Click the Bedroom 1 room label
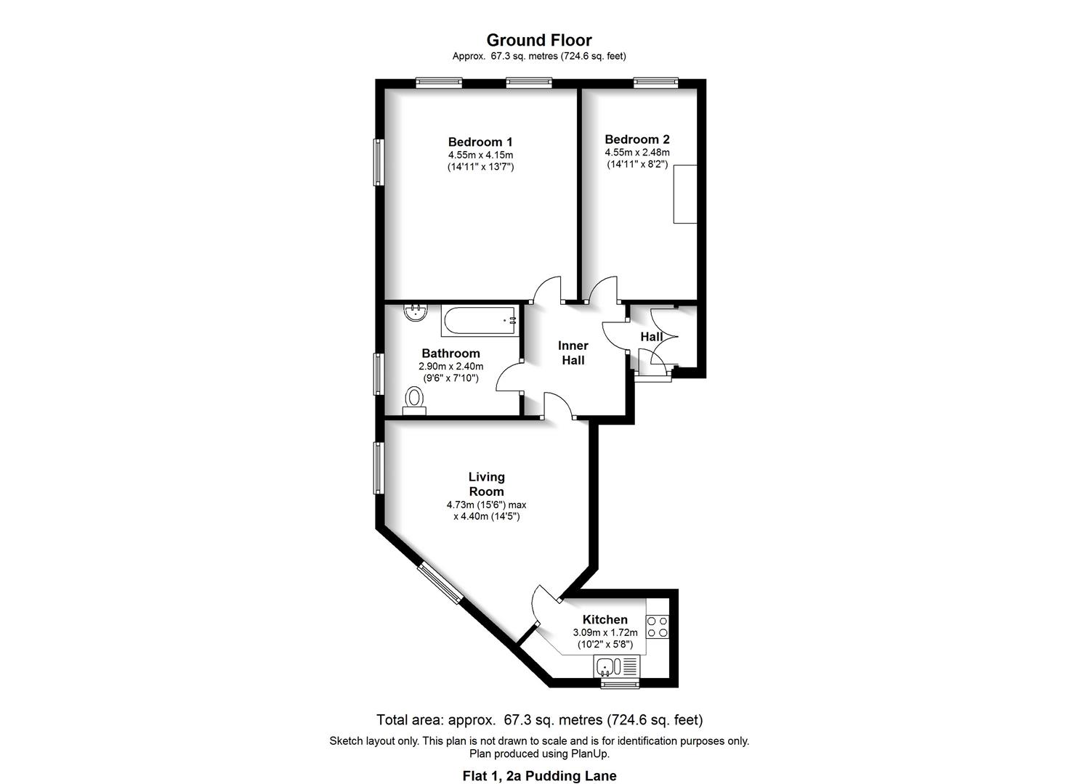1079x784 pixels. click(480, 142)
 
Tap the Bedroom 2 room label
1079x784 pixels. click(637, 139)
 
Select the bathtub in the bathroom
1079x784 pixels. click(480, 320)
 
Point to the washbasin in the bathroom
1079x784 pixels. click(416, 313)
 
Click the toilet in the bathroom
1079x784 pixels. click(414, 399)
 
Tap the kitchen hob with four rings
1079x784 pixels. click(657, 626)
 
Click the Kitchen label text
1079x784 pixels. click(605, 619)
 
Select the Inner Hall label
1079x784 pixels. click(573, 353)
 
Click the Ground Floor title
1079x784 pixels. click(539, 41)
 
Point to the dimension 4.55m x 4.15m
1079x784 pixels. click(480, 155)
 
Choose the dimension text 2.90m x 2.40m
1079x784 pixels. click(450, 367)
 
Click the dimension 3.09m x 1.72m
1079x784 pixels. click(605, 632)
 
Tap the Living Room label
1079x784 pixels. click(486, 484)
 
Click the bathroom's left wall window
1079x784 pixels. click(379, 373)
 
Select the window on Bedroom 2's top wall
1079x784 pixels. click(655, 83)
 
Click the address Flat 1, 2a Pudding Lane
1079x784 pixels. click(539, 776)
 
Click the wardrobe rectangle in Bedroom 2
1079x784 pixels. click(684, 194)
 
